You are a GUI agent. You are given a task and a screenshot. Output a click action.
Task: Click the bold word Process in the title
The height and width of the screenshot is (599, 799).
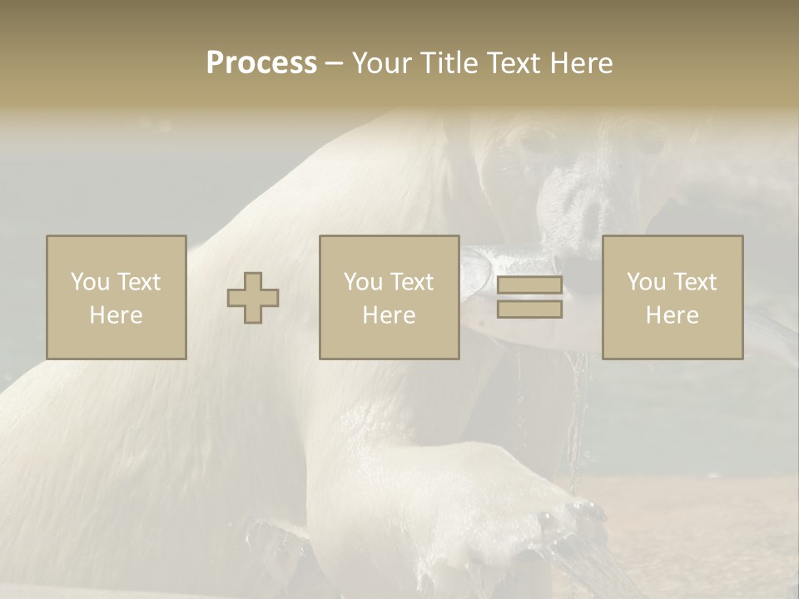pos(261,63)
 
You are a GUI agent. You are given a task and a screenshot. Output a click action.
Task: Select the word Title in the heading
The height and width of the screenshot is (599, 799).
pos(449,63)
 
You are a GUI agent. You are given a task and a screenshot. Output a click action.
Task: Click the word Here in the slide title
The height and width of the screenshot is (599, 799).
pos(583,63)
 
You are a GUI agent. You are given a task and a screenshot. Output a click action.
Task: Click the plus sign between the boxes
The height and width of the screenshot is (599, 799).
pos(253,298)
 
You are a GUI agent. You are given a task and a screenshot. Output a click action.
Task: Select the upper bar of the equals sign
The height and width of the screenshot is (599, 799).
pos(529,285)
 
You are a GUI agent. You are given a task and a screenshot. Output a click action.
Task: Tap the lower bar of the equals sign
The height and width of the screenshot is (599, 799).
pos(529,309)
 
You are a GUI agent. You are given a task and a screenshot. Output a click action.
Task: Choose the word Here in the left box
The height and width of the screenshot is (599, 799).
pos(116,315)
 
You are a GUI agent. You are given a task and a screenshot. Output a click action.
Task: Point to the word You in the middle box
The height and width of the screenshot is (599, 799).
pos(364,282)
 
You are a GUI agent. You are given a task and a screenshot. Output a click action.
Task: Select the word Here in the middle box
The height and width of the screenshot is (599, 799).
pos(389,315)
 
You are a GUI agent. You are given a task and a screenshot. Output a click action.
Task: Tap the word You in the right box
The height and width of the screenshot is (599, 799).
pos(647,282)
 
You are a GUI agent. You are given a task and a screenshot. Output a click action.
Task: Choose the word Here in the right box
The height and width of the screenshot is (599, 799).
pos(672,315)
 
